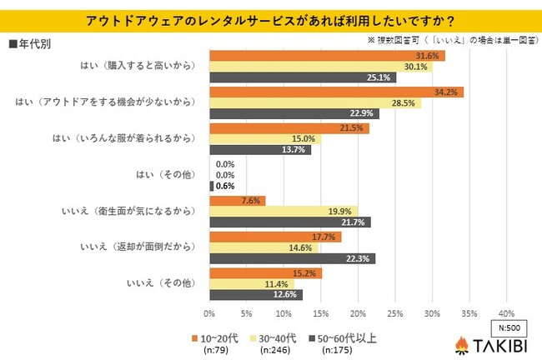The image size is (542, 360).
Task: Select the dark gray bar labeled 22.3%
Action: tap(292, 259)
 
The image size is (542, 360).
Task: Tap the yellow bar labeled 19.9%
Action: tap(283, 212)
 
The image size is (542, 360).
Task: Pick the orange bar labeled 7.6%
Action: tap(237, 200)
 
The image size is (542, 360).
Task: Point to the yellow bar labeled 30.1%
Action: tap(320, 67)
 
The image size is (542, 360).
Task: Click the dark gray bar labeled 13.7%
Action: tap(259, 150)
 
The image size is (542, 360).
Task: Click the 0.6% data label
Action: tap(224, 187)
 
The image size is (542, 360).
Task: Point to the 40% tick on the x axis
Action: tap(505, 314)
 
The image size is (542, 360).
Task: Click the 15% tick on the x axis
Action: tap(320, 314)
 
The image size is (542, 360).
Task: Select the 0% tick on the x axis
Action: tap(209, 314)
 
